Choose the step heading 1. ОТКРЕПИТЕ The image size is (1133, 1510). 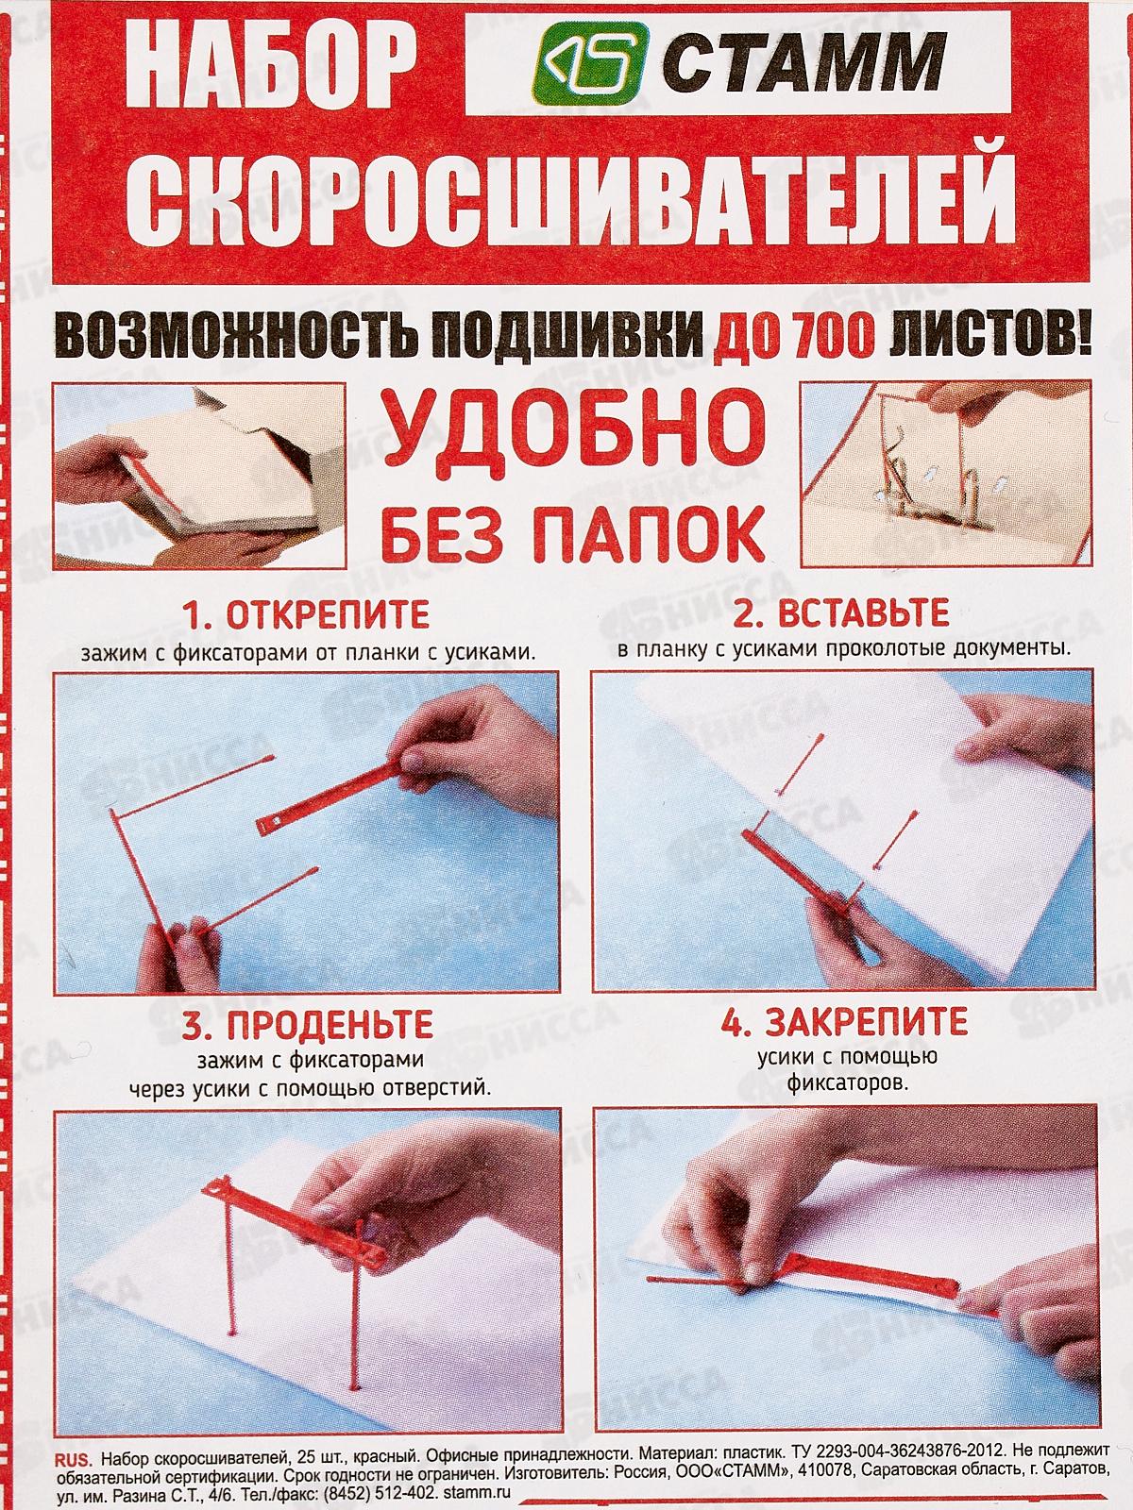[x=306, y=613]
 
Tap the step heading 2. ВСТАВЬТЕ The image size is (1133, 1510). [x=841, y=612]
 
